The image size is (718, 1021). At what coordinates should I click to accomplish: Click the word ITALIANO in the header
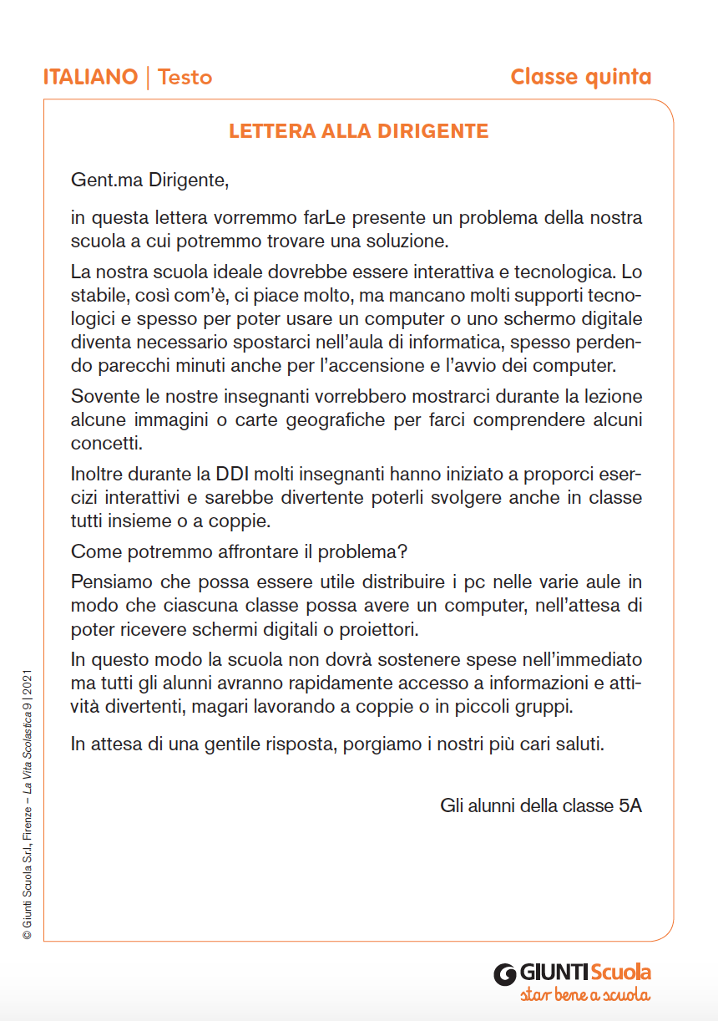(90, 78)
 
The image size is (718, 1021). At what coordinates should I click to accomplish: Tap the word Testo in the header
(185, 78)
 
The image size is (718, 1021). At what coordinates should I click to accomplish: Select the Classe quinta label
(580, 78)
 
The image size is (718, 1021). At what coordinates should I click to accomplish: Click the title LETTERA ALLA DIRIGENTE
(358, 132)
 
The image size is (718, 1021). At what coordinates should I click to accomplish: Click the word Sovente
(100, 396)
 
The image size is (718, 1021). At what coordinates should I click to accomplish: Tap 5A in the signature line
(630, 806)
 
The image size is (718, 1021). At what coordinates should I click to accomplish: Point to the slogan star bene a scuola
(584, 995)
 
